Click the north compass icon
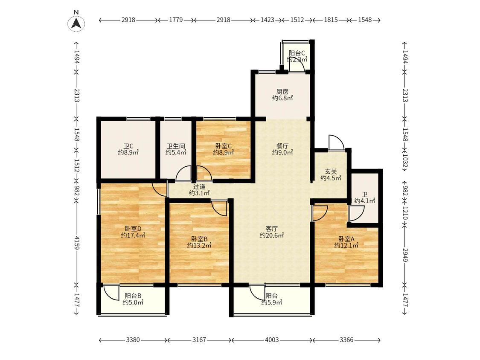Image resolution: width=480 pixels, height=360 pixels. pos(76,23)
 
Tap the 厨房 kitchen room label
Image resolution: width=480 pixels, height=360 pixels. pos(282,92)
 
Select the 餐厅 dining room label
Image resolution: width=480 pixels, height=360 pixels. pos(282,146)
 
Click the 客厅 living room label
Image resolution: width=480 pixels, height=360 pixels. pos(271,229)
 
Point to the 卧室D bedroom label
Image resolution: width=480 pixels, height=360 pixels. pos(133,229)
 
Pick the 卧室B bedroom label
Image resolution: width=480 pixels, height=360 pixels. pos(199,239)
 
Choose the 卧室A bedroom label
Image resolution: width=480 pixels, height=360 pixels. pos(346,239)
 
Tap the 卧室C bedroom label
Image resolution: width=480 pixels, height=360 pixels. pos(224,146)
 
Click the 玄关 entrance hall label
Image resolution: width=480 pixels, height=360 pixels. pos(331,172)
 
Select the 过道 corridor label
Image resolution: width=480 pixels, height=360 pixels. pos(199,186)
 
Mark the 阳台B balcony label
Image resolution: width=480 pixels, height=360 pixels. pos(133,296)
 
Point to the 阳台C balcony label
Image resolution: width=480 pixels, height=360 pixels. pos(297,53)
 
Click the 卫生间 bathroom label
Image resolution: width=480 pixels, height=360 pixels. pos(176,146)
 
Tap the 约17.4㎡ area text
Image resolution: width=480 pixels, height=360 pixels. pos(133,235)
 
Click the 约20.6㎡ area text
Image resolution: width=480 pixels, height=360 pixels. pos(271,235)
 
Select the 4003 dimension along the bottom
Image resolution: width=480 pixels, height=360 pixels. pos(272,340)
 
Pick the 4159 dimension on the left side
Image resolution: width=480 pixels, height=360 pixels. pos(76,242)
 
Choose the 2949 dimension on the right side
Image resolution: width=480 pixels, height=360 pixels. pos(405,255)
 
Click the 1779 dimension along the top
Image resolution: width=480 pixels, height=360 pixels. pos(176,20)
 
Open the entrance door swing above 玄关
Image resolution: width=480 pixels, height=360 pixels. pos(337,142)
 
